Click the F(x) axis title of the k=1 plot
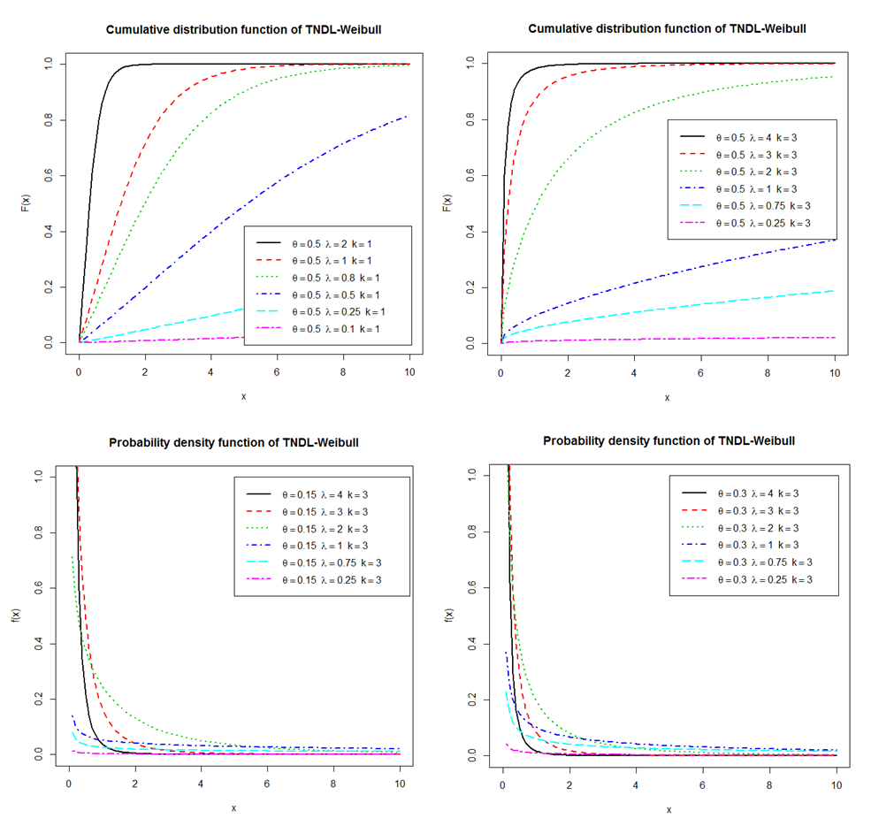pos(26,203)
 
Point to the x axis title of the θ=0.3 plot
pos(669,808)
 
